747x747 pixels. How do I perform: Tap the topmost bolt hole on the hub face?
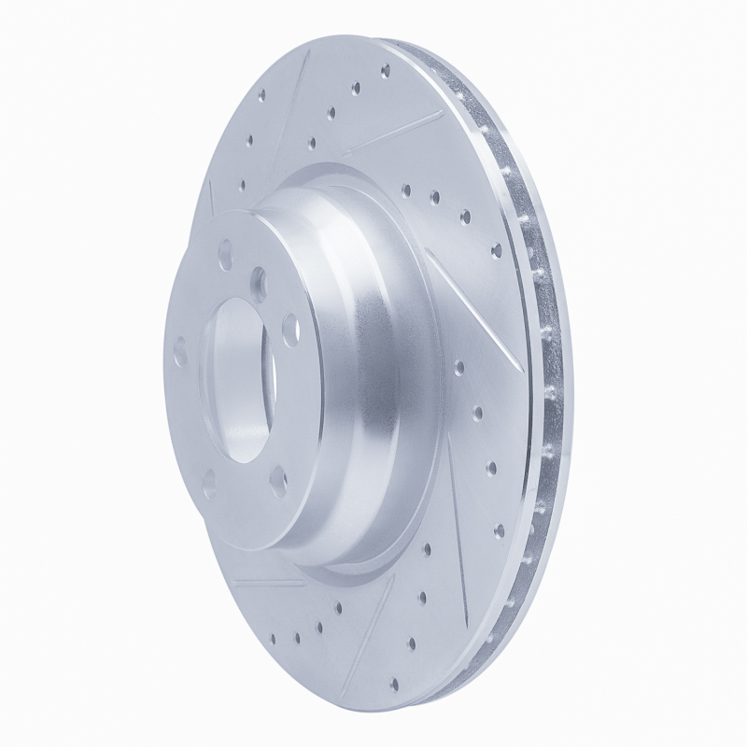[225, 250]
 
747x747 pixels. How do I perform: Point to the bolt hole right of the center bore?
[289, 323]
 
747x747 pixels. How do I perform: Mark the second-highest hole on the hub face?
[259, 277]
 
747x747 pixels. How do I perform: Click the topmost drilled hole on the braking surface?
[385, 68]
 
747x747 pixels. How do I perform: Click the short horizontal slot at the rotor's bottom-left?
[271, 583]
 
